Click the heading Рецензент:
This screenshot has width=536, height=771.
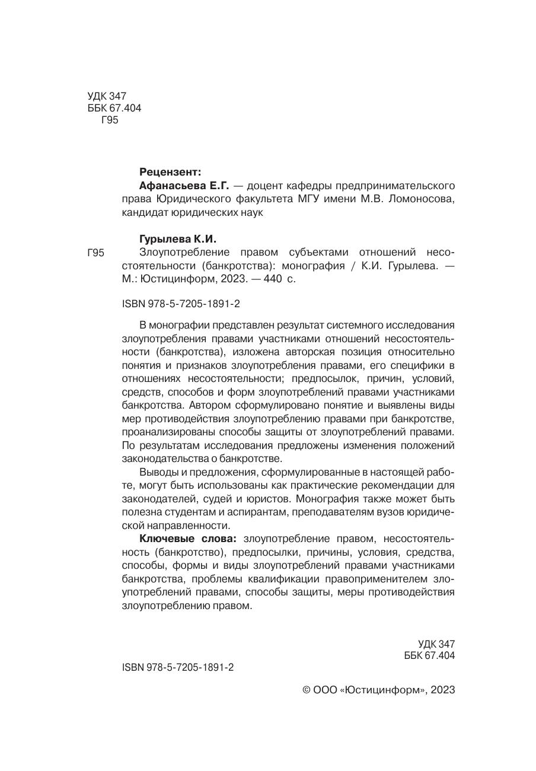[170, 172]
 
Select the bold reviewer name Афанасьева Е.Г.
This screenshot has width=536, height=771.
[184, 186]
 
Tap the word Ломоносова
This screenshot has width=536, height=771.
[423, 200]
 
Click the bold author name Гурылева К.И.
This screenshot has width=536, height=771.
[178, 239]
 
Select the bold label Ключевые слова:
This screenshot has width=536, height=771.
[188, 539]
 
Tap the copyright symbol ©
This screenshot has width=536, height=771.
[307, 690]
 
